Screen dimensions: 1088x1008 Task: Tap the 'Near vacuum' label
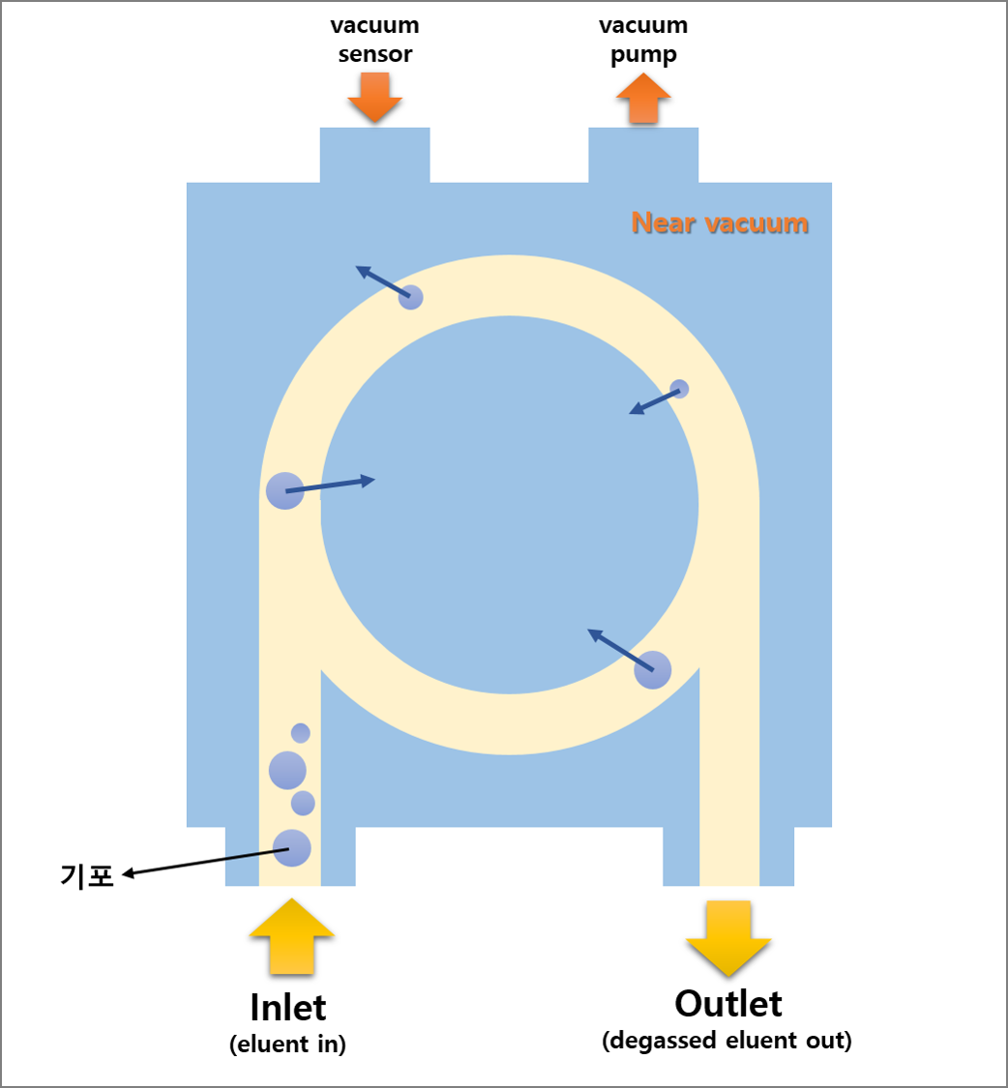pyautogui.click(x=719, y=223)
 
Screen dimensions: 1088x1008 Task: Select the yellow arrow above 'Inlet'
pyautogui.click(x=291, y=935)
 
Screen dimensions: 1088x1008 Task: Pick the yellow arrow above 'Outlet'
pyautogui.click(x=728, y=937)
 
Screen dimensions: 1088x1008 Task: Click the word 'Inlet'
pyautogui.click(x=288, y=1008)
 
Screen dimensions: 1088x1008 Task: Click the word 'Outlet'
pyautogui.click(x=727, y=1003)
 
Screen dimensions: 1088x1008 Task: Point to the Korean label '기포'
pyautogui.click(x=87, y=876)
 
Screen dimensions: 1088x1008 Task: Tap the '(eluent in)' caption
pyautogui.click(x=288, y=1044)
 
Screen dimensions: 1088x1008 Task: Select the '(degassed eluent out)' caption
pyautogui.click(x=726, y=1042)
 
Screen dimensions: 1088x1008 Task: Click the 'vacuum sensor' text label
pyautogui.click(x=374, y=40)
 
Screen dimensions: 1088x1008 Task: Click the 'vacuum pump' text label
pyautogui.click(x=643, y=40)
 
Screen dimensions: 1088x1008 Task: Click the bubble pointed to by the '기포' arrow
pyautogui.click(x=291, y=848)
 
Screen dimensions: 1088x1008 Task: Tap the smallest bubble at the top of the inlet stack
pyautogui.click(x=301, y=733)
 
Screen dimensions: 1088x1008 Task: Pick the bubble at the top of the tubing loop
pyautogui.click(x=411, y=298)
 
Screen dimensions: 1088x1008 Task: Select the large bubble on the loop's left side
pyautogui.click(x=284, y=490)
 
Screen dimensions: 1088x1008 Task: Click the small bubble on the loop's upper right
pyautogui.click(x=680, y=389)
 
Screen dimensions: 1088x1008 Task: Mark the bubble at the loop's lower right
pyautogui.click(x=653, y=670)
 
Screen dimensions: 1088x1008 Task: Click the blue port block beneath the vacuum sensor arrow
pyautogui.click(x=374, y=155)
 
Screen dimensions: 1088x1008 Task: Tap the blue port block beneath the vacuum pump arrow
pyautogui.click(x=643, y=155)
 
